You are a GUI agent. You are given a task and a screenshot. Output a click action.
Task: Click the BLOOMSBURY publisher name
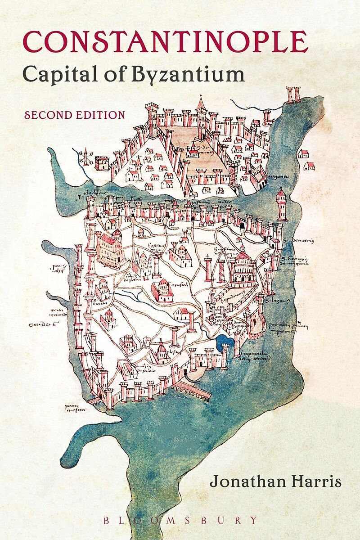pyautogui.click(x=180, y=521)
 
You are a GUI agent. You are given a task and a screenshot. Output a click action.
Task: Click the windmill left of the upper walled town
pyautogui.click(x=84, y=157)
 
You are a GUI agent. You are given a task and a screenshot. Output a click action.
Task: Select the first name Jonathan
pyautogui.click(x=243, y=482)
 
